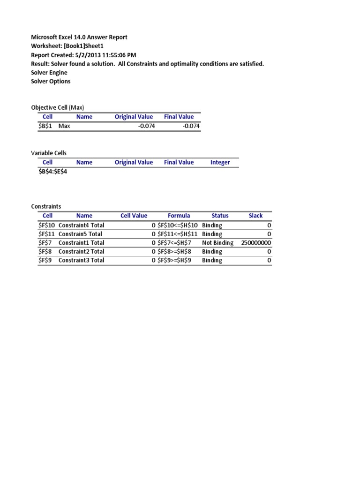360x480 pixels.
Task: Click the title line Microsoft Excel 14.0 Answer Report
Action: pos(79,37)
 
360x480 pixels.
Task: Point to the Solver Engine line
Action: pos(49,73)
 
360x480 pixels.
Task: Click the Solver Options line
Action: pos(51,82)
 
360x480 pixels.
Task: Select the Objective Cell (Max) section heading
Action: pos(58,107)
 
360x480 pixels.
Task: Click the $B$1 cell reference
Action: pos(45,126)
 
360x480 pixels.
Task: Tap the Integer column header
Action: pos(220,163)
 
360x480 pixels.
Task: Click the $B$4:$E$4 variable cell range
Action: pos(56,172)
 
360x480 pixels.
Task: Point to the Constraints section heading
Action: pos(46,206)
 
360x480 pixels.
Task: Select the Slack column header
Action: pos(255,216)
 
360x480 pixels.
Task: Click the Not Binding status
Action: pos(217,243)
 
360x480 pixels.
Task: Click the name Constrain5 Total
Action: pos(80,234)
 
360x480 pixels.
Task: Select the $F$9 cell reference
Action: pos(45,260)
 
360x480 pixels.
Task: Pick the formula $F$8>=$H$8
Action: pos(175,252)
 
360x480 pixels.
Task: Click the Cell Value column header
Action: pos(134,216)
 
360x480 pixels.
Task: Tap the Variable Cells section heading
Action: pos(49,153)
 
